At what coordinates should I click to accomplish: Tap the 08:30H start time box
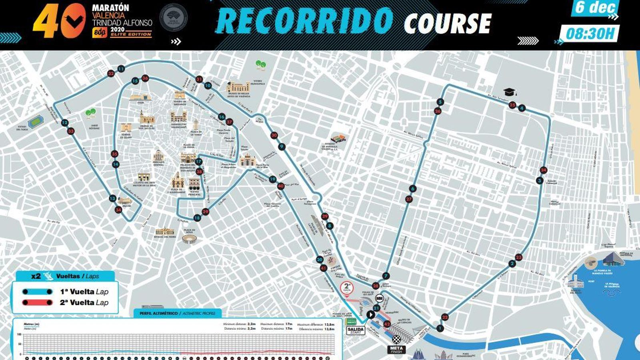[590, 33]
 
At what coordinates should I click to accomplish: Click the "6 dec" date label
[595, 7]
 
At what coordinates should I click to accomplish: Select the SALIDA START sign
[355, 331]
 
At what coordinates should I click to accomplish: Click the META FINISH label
[396, 349]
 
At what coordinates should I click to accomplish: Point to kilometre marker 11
[121, 69]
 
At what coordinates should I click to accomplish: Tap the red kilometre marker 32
[111, 74]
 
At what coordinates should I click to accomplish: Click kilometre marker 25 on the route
[512, 105]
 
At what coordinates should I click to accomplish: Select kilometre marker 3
[540, 181]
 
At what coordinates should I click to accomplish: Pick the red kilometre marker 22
[445, 317]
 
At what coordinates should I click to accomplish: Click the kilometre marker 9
[282, 147]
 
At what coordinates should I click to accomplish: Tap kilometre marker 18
[197, 218]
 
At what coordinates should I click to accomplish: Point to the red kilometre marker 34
[118, 210]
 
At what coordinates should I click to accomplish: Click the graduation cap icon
[510, 92]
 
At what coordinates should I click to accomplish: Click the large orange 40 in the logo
[60, 21]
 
